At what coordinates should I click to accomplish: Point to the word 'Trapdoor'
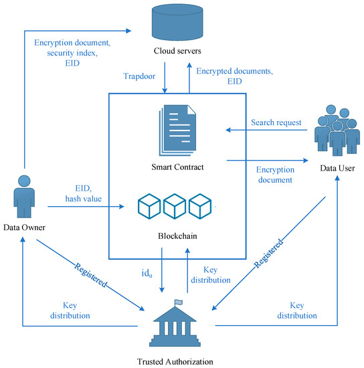[x=139, y=76]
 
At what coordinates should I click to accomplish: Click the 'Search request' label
[x=276, y=123]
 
